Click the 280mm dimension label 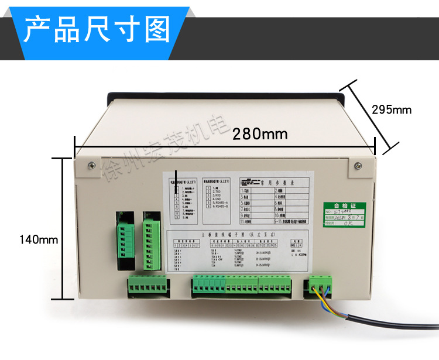point(260,133)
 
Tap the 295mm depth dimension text point(392,109)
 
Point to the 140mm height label point(39,239)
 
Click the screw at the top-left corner point(91,166)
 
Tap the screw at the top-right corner point(357,166)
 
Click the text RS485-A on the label point(220,203)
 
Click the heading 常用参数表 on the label point(275,182)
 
